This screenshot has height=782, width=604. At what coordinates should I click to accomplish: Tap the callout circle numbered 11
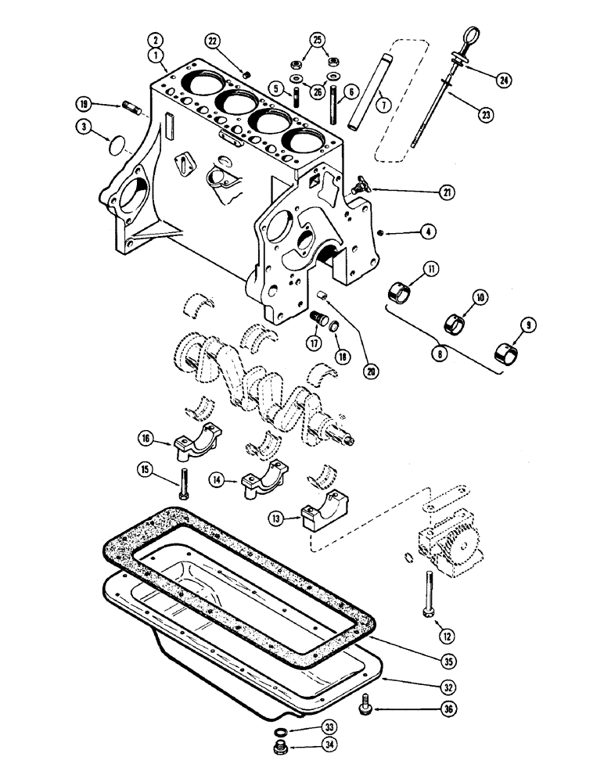[x=430, y=271]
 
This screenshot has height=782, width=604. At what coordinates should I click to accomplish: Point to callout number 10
[x=479, y=297]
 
